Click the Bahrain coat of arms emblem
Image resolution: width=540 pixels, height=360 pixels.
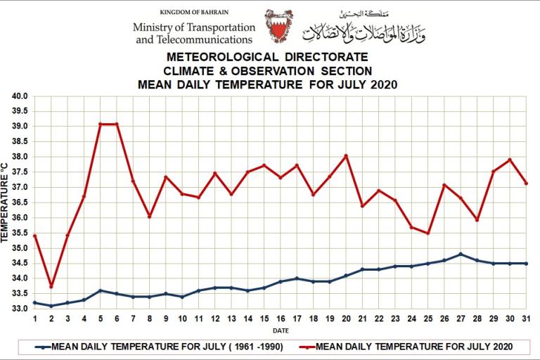click(279, 26)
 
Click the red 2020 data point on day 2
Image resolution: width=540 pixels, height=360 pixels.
click(51, 286)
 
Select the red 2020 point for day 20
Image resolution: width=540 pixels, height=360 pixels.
click(346, 155)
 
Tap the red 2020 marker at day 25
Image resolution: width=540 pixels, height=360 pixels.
click(427, 233)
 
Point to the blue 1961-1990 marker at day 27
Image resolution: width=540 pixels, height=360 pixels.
click(461, 254)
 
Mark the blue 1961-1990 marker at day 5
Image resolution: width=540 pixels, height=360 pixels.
click(100, 290)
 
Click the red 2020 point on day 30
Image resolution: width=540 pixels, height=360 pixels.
click(510, 160)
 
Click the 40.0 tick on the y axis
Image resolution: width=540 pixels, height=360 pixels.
click(20, 96)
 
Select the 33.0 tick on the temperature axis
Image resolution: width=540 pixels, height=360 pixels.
click(20, 309)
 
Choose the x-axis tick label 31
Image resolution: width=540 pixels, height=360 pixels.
click(526, 319)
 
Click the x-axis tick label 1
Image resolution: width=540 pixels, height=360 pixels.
click(34, 319)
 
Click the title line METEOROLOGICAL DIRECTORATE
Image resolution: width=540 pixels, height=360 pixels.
click(268, 56)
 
